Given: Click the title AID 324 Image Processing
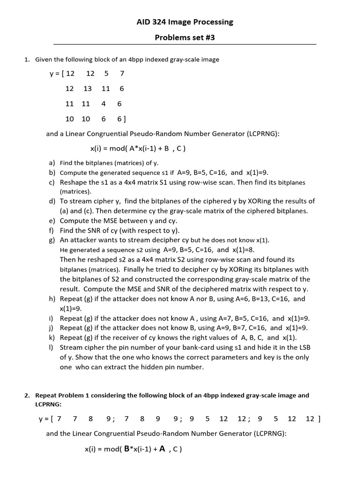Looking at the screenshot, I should [x=184, y=22].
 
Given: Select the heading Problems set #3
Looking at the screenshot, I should [x=184, y=37].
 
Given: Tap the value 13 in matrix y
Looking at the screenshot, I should [x=88, y=89].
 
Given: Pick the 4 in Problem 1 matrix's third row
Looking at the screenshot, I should [x=103, y=104].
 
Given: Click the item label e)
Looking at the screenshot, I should [x=52, y=221].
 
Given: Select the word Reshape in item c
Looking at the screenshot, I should [x=74, y=182].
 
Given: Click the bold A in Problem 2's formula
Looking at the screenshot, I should [x=162, y=449].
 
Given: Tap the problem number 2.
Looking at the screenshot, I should [x=27, y=395].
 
